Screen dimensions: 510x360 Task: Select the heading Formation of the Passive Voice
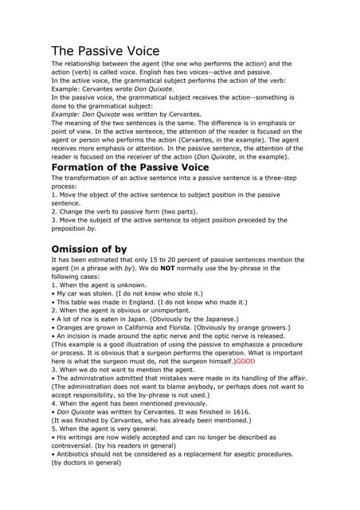(x=130, y=167)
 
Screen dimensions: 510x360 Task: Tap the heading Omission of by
(x=89, y=249)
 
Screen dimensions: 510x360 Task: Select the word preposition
(x=72, y=229)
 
